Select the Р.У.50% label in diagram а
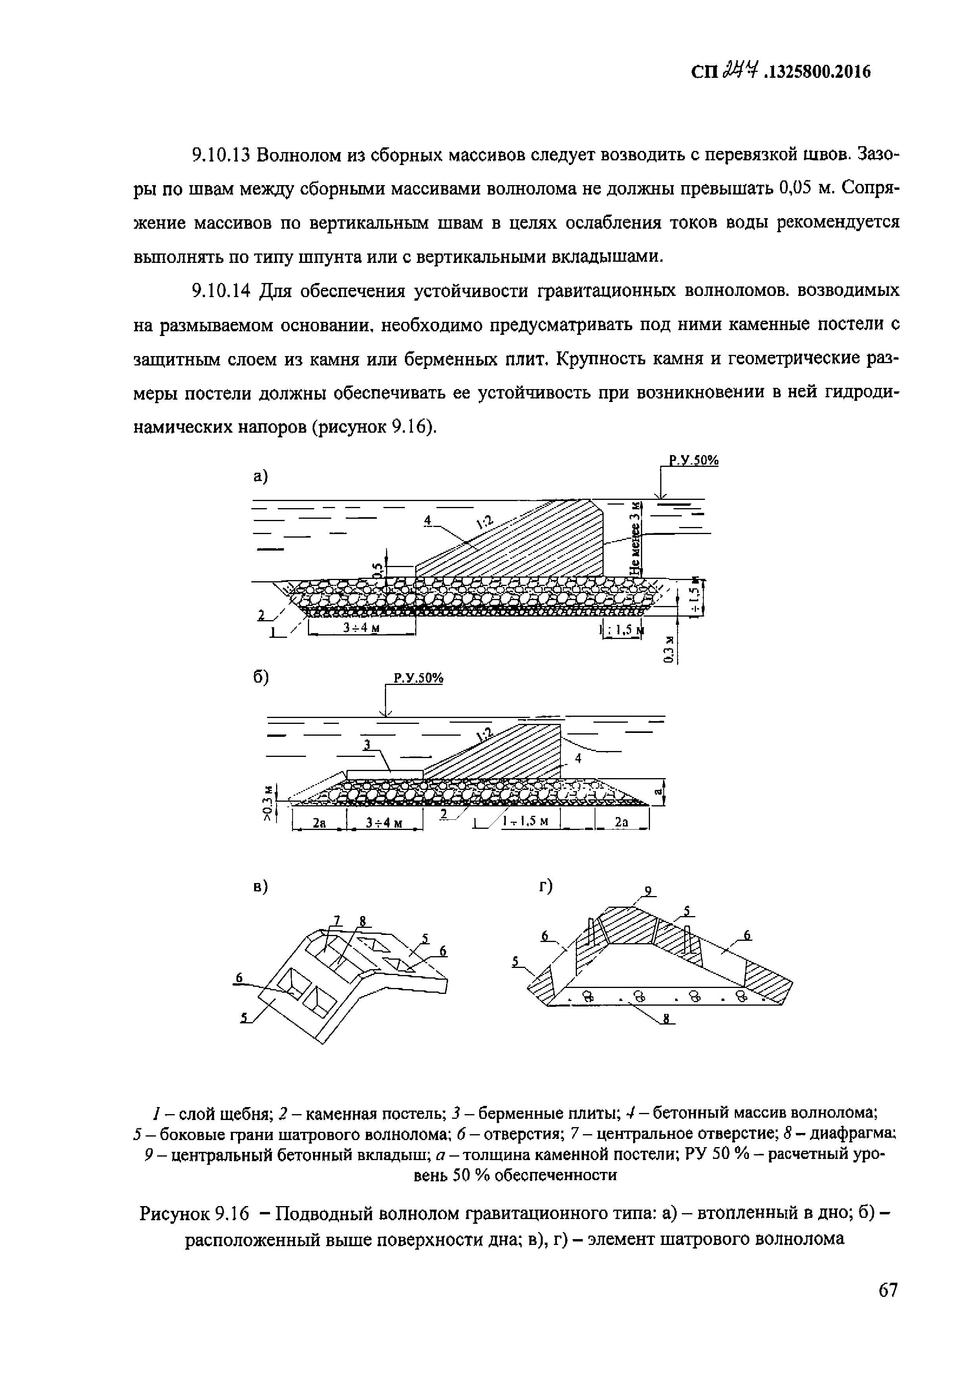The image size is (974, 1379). [x=694, y=461]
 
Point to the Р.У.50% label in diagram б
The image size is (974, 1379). [x=418, y=679]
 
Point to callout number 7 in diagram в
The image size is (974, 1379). [x=337, y=920]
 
